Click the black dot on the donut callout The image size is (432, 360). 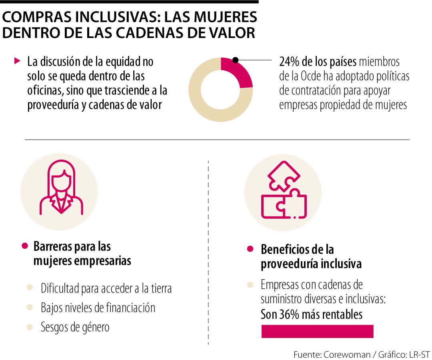(235, 60)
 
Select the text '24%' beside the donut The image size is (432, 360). (289, 62)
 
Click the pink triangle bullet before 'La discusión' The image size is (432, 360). (17, 61)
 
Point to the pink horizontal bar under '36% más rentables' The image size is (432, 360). (317, 331)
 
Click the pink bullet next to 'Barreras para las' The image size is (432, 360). (25, 246)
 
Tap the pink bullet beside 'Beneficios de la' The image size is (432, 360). (250, 249)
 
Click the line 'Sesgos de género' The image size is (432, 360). (75, 327)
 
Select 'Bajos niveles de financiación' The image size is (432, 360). (98, 308)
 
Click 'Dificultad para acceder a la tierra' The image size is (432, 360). (106, 288)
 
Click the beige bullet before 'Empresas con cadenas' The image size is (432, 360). (250, 285)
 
